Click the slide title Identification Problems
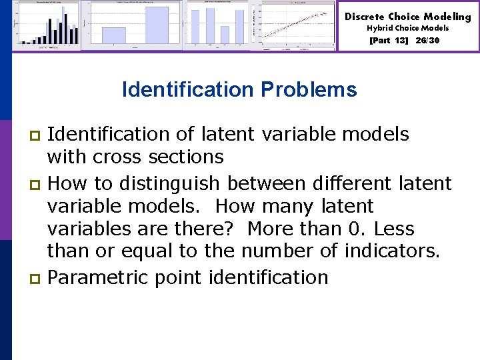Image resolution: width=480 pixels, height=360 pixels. pyautogui.click(x=239, y=89)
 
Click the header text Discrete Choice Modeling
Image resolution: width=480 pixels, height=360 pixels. pyautogui.click(x=407, y=17)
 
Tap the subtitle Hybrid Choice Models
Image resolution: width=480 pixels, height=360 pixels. pyautogui.click(x=407, y=29)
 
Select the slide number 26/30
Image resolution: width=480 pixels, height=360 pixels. pyautogui.click(x=427, y=41)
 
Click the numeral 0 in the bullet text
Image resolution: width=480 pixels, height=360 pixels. pyautogui.click(x=355, y=229)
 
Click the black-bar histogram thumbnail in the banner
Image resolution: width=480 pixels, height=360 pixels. pyautogui.click(x=47, y=25)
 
